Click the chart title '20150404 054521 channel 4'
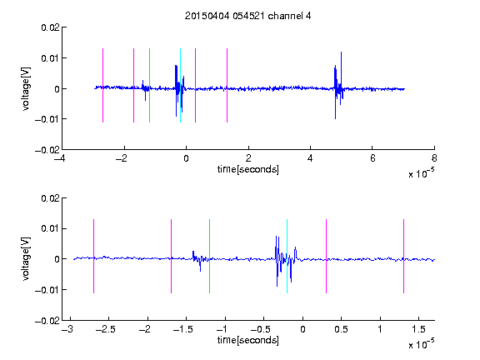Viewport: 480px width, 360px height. (247, 16)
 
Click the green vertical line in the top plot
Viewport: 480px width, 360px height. (149, 85)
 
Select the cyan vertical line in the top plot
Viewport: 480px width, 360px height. (180, 85)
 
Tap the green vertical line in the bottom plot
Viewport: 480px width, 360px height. (209, 256)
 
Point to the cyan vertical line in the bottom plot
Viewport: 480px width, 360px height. (287, 256)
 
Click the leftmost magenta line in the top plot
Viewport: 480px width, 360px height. (102, 85)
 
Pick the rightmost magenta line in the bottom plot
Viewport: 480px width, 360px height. (403, 256)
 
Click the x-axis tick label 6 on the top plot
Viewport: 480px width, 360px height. (372, 158)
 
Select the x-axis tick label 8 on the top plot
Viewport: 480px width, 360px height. (434, 158)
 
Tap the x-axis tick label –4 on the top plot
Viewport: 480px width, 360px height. (59, 158)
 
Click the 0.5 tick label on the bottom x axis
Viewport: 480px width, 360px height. (342, 329)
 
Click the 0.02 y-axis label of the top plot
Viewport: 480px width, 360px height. (51, 27)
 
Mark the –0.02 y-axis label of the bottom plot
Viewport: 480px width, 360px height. (47, 321)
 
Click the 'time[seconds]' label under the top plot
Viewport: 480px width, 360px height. (248, 169)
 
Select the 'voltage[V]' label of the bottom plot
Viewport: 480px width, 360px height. (26, 259)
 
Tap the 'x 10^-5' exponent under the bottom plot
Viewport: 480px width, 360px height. (421, 343)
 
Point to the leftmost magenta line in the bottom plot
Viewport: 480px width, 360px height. (93, 256)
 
